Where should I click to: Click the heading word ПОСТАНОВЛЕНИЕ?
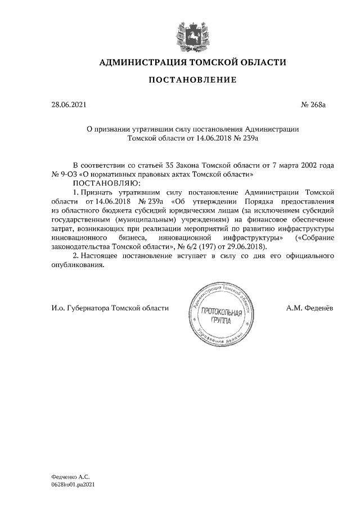point(192,81)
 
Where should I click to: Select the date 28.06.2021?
point(66,105)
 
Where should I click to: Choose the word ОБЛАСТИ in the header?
point(262,62)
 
